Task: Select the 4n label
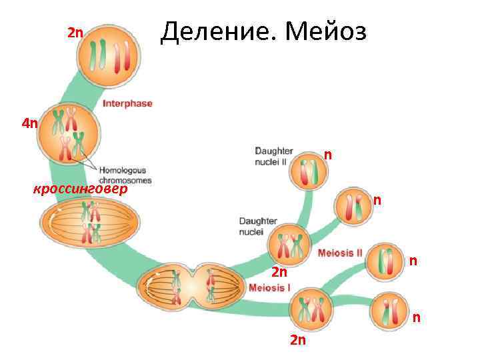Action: (30, 123)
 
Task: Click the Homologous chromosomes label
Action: (125, 175)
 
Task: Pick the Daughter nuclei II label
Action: (274, 156)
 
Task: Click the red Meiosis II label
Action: (340, 253)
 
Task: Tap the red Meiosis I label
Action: (269, 288)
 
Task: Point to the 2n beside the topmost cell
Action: (75, 33)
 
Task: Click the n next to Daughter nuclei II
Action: (328, 155)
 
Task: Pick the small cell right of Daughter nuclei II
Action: (308, 171)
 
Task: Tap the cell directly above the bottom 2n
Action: (311, 310)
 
